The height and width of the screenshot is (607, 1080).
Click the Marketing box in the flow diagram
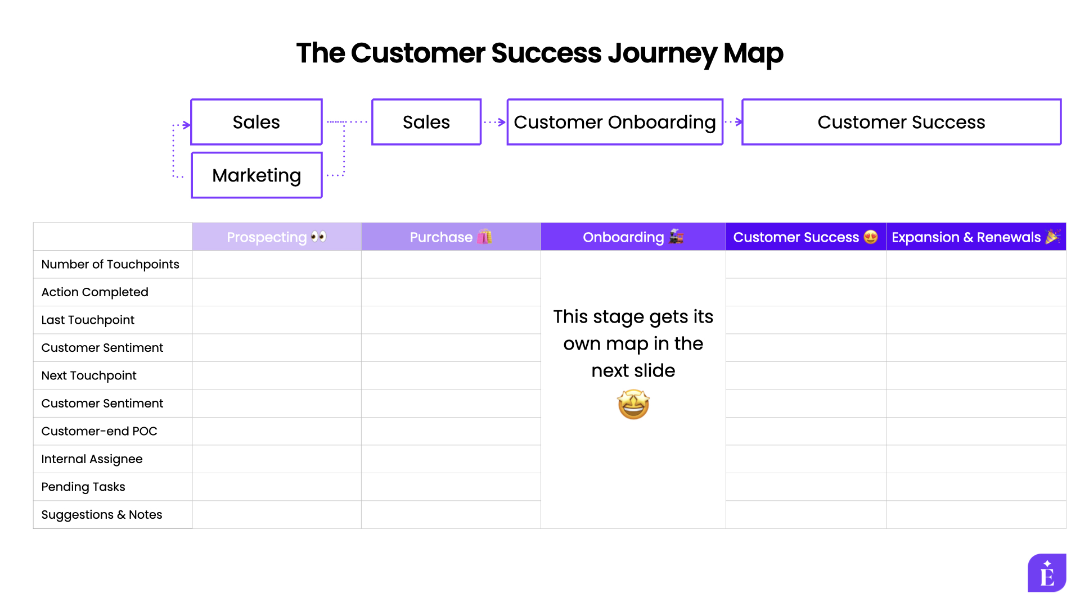coord(256,175)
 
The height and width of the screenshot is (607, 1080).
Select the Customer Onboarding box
coord(615,122)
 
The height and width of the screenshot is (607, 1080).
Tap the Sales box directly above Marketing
coord(256,122)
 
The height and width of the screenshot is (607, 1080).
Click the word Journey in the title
coord(661,53)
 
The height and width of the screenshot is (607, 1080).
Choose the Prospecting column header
coord(276,237)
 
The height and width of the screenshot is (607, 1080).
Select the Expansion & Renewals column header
coord(975,237)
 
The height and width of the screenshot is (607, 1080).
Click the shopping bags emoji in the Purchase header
coord(484,237)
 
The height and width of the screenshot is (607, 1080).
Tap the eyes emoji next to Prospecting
coord(318,237)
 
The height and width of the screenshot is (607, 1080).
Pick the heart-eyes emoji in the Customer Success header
coord(870,237)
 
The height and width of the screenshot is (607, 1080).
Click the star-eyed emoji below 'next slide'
coord(633,405)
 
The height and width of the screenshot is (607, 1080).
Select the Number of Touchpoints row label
coord(110,264)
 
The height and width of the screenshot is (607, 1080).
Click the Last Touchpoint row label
coord(88,320)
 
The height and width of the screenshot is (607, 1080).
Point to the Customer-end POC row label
coord(100,431)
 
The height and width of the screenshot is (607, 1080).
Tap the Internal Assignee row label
coord(92,459)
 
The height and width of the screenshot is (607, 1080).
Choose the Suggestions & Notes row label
coord(102,515)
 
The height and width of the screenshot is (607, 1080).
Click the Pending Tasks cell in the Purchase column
coord(451,487)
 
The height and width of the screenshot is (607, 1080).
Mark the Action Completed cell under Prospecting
coord(276,292)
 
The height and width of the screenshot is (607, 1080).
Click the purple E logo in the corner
coord(1047,573)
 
